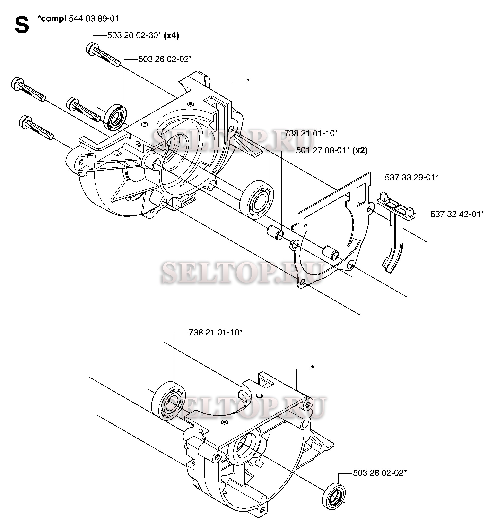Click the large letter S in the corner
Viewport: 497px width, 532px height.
22,25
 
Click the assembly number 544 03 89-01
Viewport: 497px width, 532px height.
94,18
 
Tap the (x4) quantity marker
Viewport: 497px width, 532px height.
171,35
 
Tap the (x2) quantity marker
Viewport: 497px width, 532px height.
360,150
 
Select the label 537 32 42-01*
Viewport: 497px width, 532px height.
457,214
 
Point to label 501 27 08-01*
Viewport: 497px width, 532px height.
323,150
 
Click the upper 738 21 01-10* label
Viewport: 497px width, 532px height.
311,133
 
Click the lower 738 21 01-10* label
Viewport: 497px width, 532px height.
215,332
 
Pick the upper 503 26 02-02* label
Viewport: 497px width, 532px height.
165,59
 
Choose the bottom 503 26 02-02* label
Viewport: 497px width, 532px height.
379,473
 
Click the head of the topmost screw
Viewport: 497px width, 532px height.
91,49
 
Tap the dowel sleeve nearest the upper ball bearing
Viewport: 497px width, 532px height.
276,232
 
